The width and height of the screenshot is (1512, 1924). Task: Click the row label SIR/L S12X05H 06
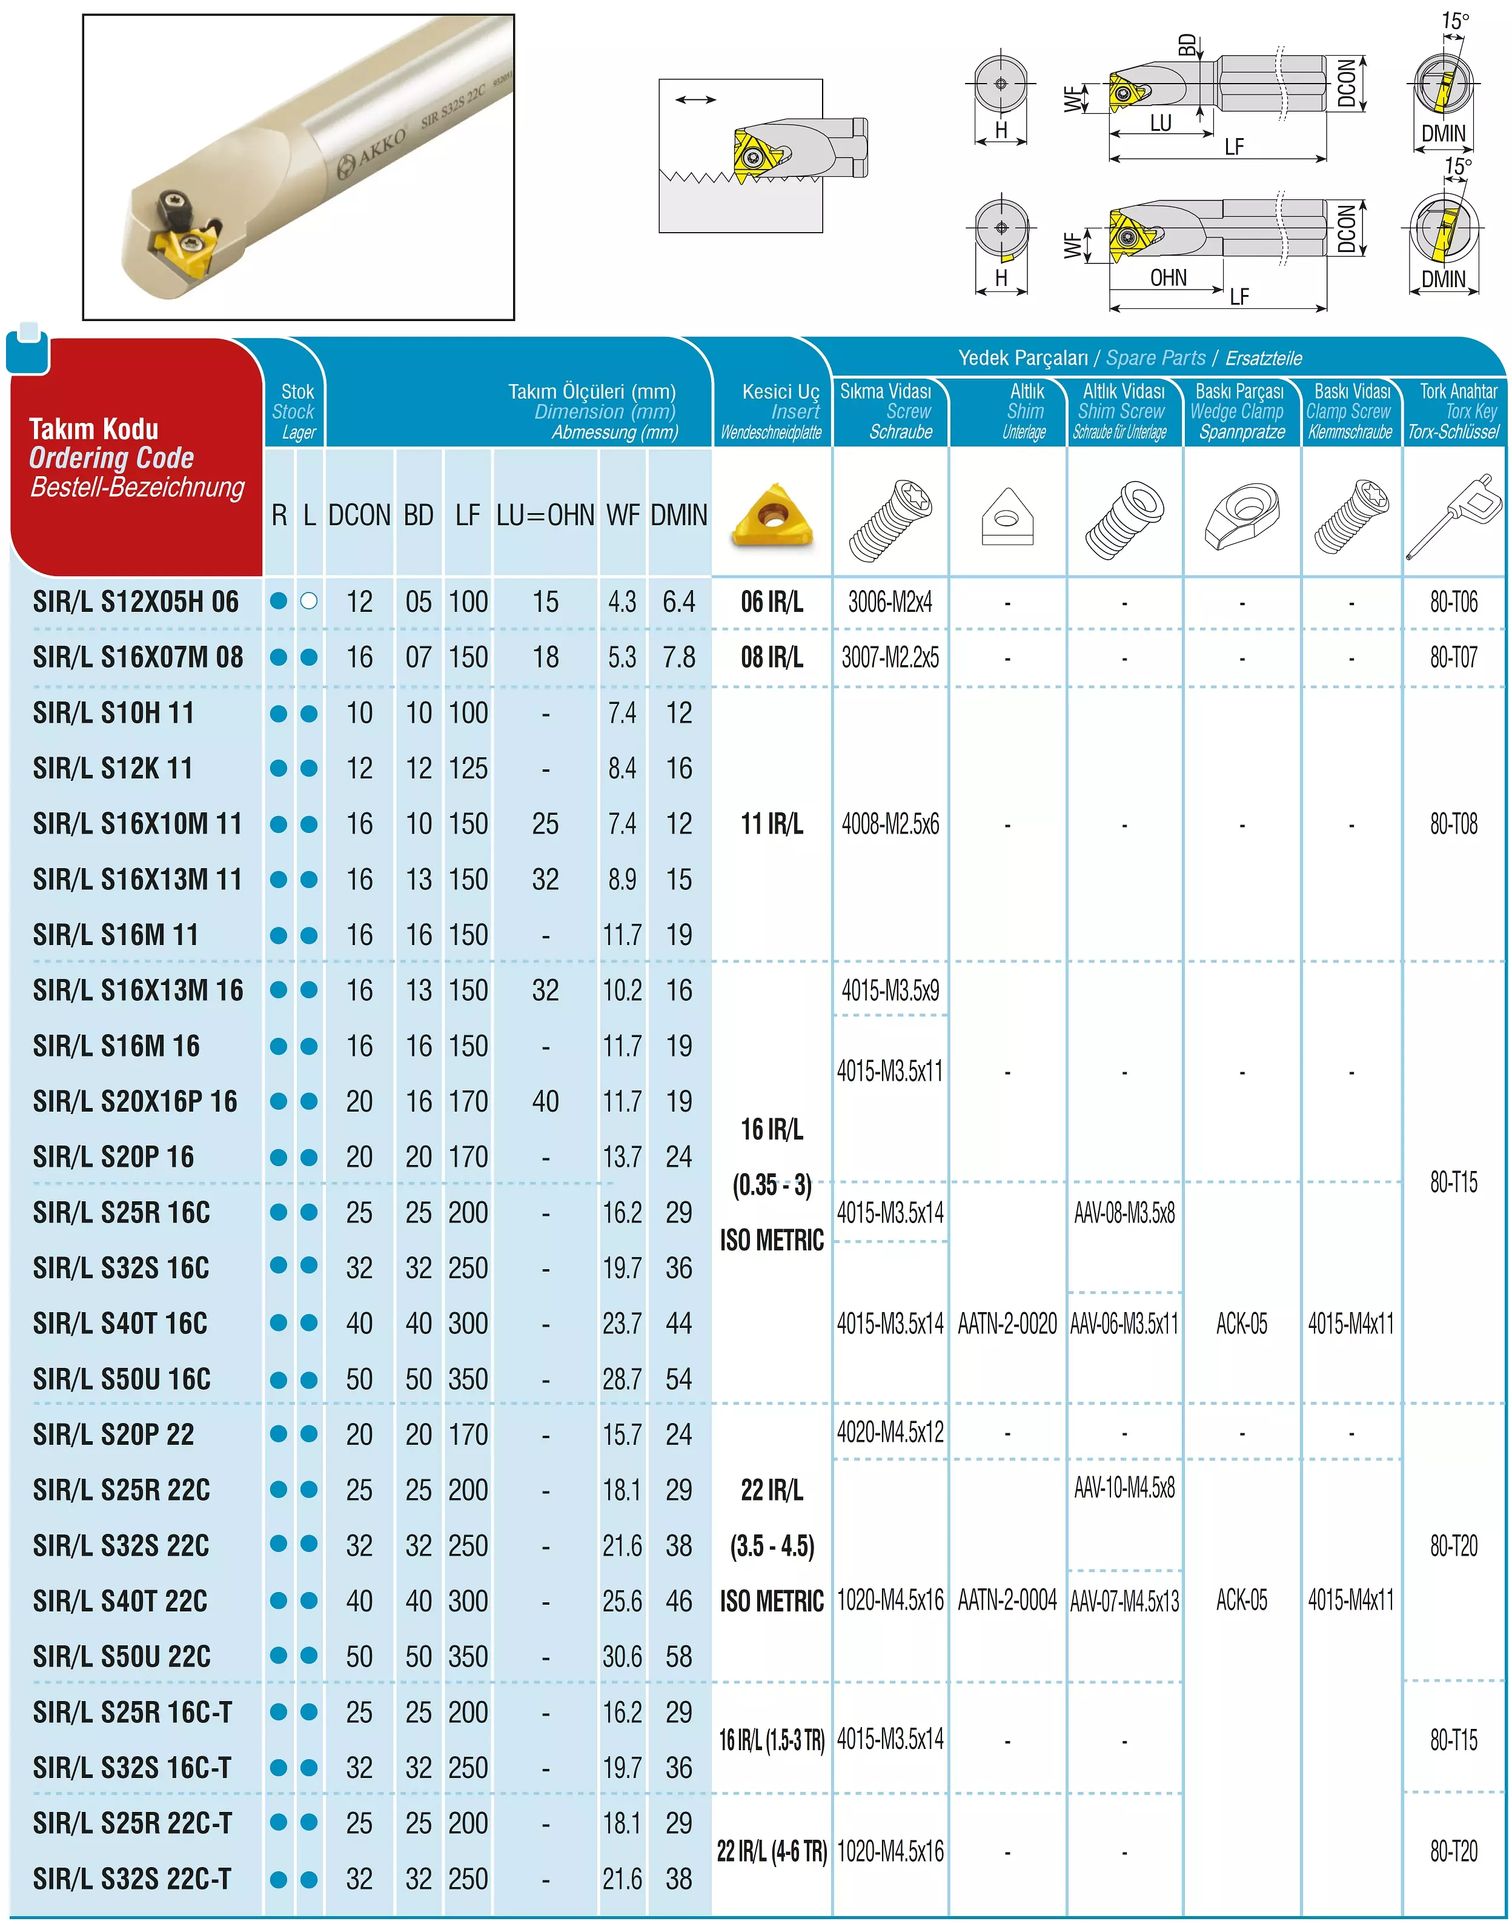136,602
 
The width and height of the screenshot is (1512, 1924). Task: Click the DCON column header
359,516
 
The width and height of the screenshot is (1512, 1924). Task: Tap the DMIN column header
679,516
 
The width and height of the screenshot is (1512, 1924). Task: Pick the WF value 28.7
622,1379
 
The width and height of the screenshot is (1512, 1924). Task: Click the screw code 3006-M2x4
890,602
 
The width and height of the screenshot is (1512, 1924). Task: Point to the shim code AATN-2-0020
1007,1324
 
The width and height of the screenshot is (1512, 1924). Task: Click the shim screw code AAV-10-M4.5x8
1124,1487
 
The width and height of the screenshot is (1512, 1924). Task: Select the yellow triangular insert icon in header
772,516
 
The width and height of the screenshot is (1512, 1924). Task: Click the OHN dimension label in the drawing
1168,278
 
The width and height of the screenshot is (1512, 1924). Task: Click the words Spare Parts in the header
1155,357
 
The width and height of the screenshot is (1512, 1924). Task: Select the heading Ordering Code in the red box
111,458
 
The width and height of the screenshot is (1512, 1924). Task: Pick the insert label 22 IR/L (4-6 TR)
772,1851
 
